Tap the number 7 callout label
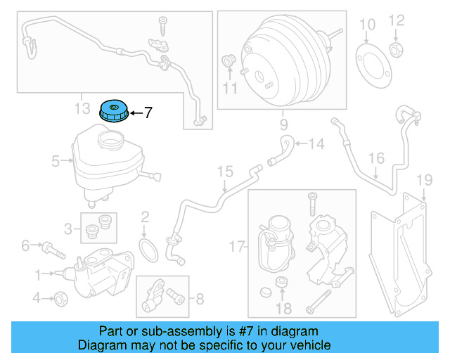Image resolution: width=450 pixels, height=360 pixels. coord(148,112)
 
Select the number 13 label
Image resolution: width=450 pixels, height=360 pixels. coord(82,108)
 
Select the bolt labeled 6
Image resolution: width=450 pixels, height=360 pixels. coord(51,247)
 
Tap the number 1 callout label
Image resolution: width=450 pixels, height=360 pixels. coord(39,273)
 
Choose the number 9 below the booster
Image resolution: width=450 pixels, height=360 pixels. coord(284,126)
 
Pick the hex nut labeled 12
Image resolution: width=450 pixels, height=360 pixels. coord(396,50)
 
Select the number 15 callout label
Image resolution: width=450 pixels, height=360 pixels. coord(224,171)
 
